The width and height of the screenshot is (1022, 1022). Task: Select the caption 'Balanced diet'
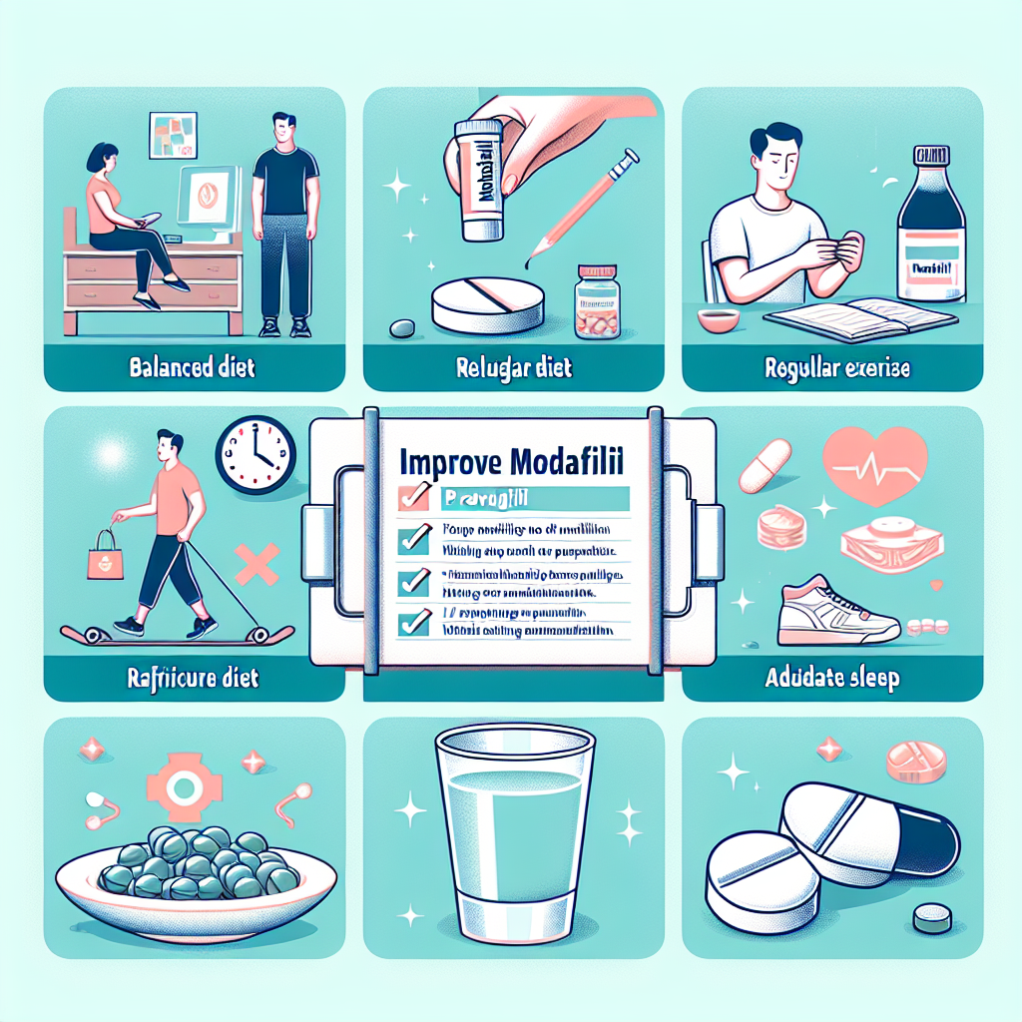193,368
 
